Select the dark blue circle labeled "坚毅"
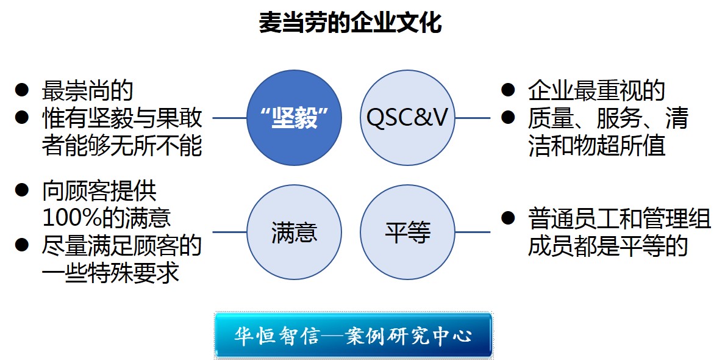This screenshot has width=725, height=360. (294, 118)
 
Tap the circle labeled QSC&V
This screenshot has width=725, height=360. (408, 118)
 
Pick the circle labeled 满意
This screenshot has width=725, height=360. (294, 232)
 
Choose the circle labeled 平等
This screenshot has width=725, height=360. (408, 232)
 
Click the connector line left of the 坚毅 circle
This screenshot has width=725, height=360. (229, 118)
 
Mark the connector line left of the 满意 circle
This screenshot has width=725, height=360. (229, 232)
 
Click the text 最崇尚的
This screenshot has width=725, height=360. (87, 91)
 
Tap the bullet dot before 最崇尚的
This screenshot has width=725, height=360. (22, 90)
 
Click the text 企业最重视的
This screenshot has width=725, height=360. (596, 91)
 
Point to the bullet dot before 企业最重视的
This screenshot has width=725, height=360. (508, 90)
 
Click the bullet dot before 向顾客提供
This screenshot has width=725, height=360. (22, 190)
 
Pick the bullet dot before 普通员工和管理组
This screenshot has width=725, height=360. (508, 217)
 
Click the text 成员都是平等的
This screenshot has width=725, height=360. (608, 246)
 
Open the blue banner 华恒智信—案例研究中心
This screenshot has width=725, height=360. (353, 335)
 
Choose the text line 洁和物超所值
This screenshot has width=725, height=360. (596, 147)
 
